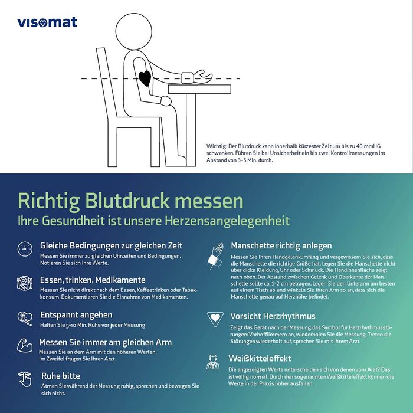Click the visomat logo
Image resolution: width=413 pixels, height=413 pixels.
(x=47, y=22)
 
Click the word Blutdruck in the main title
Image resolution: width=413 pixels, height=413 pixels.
(x=136, y=201)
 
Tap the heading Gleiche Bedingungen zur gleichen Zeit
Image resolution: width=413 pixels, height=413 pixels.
(x=111, y=245)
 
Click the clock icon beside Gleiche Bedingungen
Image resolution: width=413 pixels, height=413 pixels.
(x=25, y=248)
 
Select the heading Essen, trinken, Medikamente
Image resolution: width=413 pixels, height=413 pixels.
(x=93, y=280)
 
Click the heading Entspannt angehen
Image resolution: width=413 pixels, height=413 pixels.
(x=76, y=315)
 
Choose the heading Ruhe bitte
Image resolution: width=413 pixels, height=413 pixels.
(x=61, y=375)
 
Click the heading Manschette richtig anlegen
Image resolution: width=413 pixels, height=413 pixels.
(x=281, y=245)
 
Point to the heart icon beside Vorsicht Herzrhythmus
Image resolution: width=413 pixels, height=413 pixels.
(x=215, y=319)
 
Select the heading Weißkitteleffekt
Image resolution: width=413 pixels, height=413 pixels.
(x=260, y=358)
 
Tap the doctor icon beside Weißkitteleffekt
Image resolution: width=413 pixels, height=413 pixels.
(x=213, y=362)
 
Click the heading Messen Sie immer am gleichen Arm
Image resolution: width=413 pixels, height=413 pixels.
(x=105, y=342)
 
